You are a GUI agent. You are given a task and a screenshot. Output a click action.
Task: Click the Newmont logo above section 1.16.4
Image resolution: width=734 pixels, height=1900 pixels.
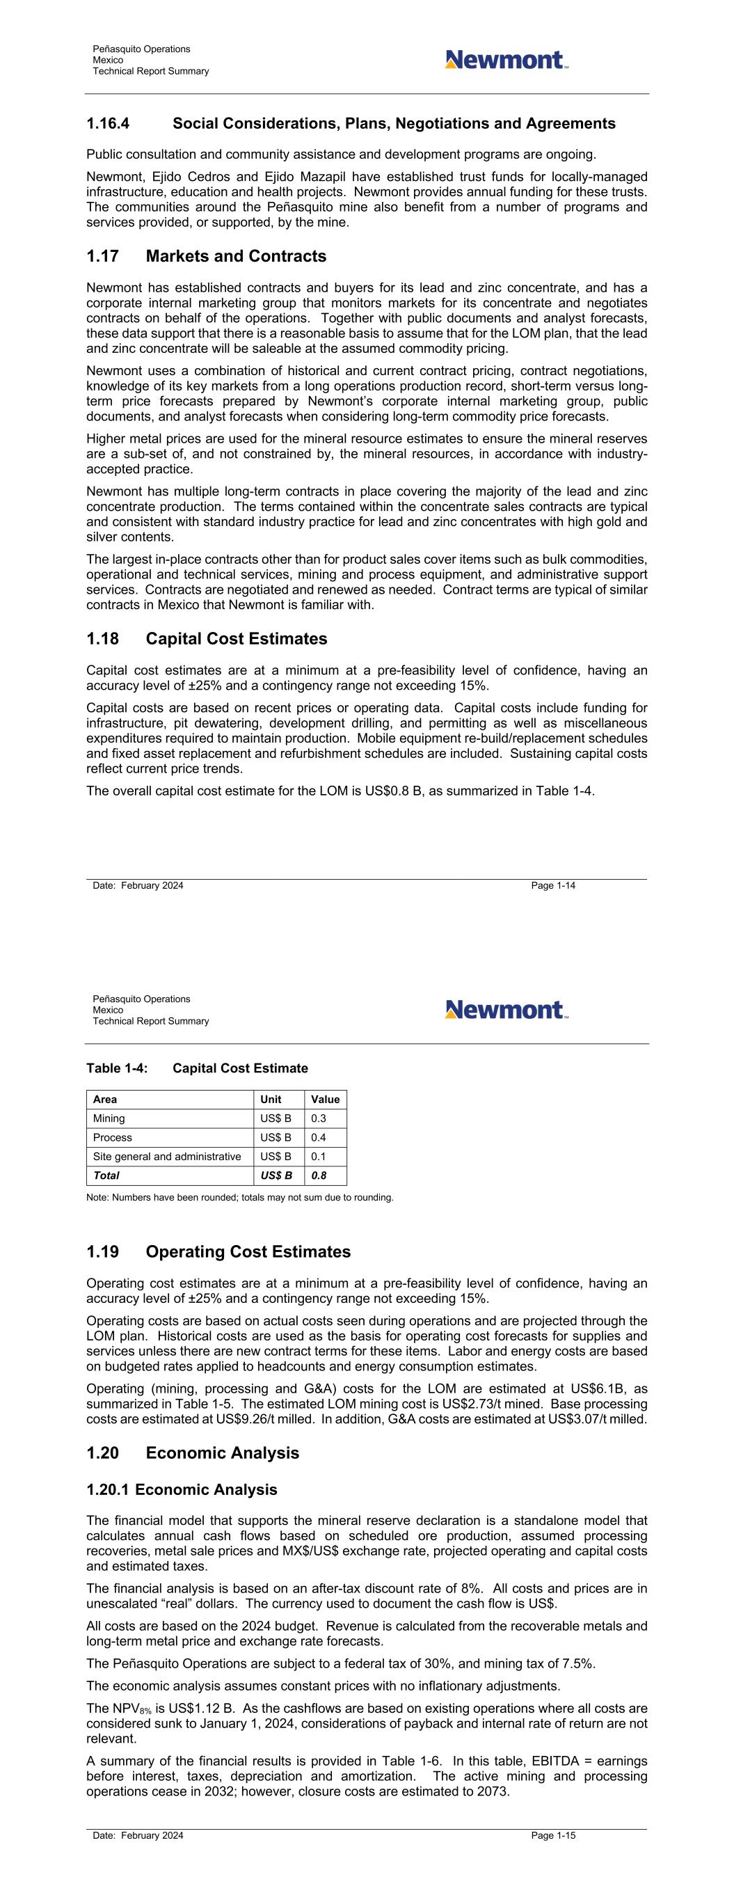tap(506, 60)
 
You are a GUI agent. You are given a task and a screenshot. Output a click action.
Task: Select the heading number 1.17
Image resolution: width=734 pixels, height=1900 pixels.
tap(102, 256)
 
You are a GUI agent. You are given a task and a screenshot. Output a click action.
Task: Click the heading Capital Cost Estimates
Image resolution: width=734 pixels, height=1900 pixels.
tap(236, 639)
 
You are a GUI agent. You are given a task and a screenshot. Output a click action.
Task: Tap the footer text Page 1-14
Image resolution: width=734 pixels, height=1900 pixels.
tap(552, 885)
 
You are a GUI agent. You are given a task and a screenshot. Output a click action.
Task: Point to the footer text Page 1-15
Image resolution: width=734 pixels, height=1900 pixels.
tap(552, 1835)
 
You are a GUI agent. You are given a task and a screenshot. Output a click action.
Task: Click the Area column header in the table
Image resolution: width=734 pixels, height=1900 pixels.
tap(105, 1099)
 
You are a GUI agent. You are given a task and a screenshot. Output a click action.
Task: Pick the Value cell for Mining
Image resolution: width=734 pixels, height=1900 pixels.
tap(319, 1118)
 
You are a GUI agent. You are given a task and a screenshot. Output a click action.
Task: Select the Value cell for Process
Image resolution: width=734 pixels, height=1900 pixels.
tap(319, 1137)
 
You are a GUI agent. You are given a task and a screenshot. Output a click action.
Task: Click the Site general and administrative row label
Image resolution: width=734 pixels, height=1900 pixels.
tap(167, 1157)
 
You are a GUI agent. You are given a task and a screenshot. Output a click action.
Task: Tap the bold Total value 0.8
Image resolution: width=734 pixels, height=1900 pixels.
tap(319, 1175)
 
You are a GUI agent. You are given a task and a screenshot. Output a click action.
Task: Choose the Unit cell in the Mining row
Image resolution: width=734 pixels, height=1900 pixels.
tap(276, 1118)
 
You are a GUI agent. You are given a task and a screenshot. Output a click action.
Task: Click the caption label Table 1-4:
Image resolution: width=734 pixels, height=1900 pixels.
tap(117, 1068)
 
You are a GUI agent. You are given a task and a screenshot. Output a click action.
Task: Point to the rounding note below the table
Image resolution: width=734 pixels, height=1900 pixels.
tap(240, 1197)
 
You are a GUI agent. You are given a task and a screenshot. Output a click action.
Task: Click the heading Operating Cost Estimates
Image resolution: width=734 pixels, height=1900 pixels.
tap(248, 1251)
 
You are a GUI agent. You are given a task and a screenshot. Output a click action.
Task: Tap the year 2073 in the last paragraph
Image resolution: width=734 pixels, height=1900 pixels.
tap(492, 1791)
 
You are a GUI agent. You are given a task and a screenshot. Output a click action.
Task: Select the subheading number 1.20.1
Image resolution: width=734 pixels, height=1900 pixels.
tap(107, 1489)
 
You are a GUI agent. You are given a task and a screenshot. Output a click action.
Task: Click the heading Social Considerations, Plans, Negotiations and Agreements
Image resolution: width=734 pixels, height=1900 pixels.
tap(394, 124)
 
